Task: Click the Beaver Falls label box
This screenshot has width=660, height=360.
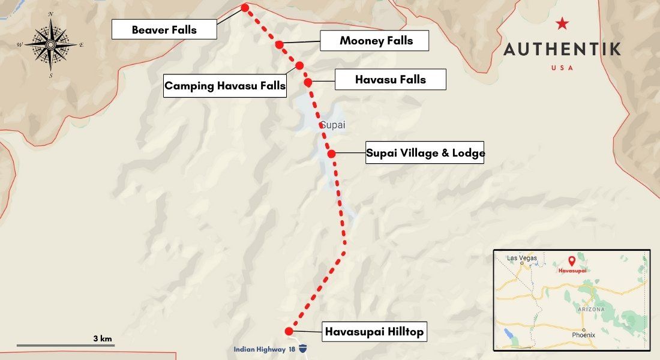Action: click(164, 29)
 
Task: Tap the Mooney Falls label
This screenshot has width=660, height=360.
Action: click(375, 41)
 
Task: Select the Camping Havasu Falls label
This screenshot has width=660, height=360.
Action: click(225, 86)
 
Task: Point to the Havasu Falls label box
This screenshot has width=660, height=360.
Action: click(390, 79)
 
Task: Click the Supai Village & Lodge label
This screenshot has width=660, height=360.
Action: click(425, 152)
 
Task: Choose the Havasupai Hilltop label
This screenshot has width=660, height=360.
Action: click(374, 331)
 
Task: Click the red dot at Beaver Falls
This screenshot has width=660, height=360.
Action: click(245, 8)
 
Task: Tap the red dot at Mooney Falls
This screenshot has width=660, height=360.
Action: click(279, 44)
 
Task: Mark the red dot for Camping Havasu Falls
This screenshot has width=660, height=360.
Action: click(299, 65)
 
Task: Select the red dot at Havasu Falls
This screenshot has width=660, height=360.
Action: click(308, 82)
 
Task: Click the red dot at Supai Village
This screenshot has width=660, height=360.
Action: click(331, 154)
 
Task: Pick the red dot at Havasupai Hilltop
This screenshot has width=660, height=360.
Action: click(289, 331)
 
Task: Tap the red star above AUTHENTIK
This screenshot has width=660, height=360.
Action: click(562, 23)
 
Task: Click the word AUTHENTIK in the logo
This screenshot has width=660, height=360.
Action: click(562, 49)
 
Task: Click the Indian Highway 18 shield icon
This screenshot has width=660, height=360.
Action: click(304, 349)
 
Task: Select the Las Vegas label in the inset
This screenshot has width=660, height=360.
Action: click(521, 258)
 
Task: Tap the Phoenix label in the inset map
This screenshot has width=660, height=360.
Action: click(583, 334)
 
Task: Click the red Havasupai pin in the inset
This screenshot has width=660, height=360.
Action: click(571, 261)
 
